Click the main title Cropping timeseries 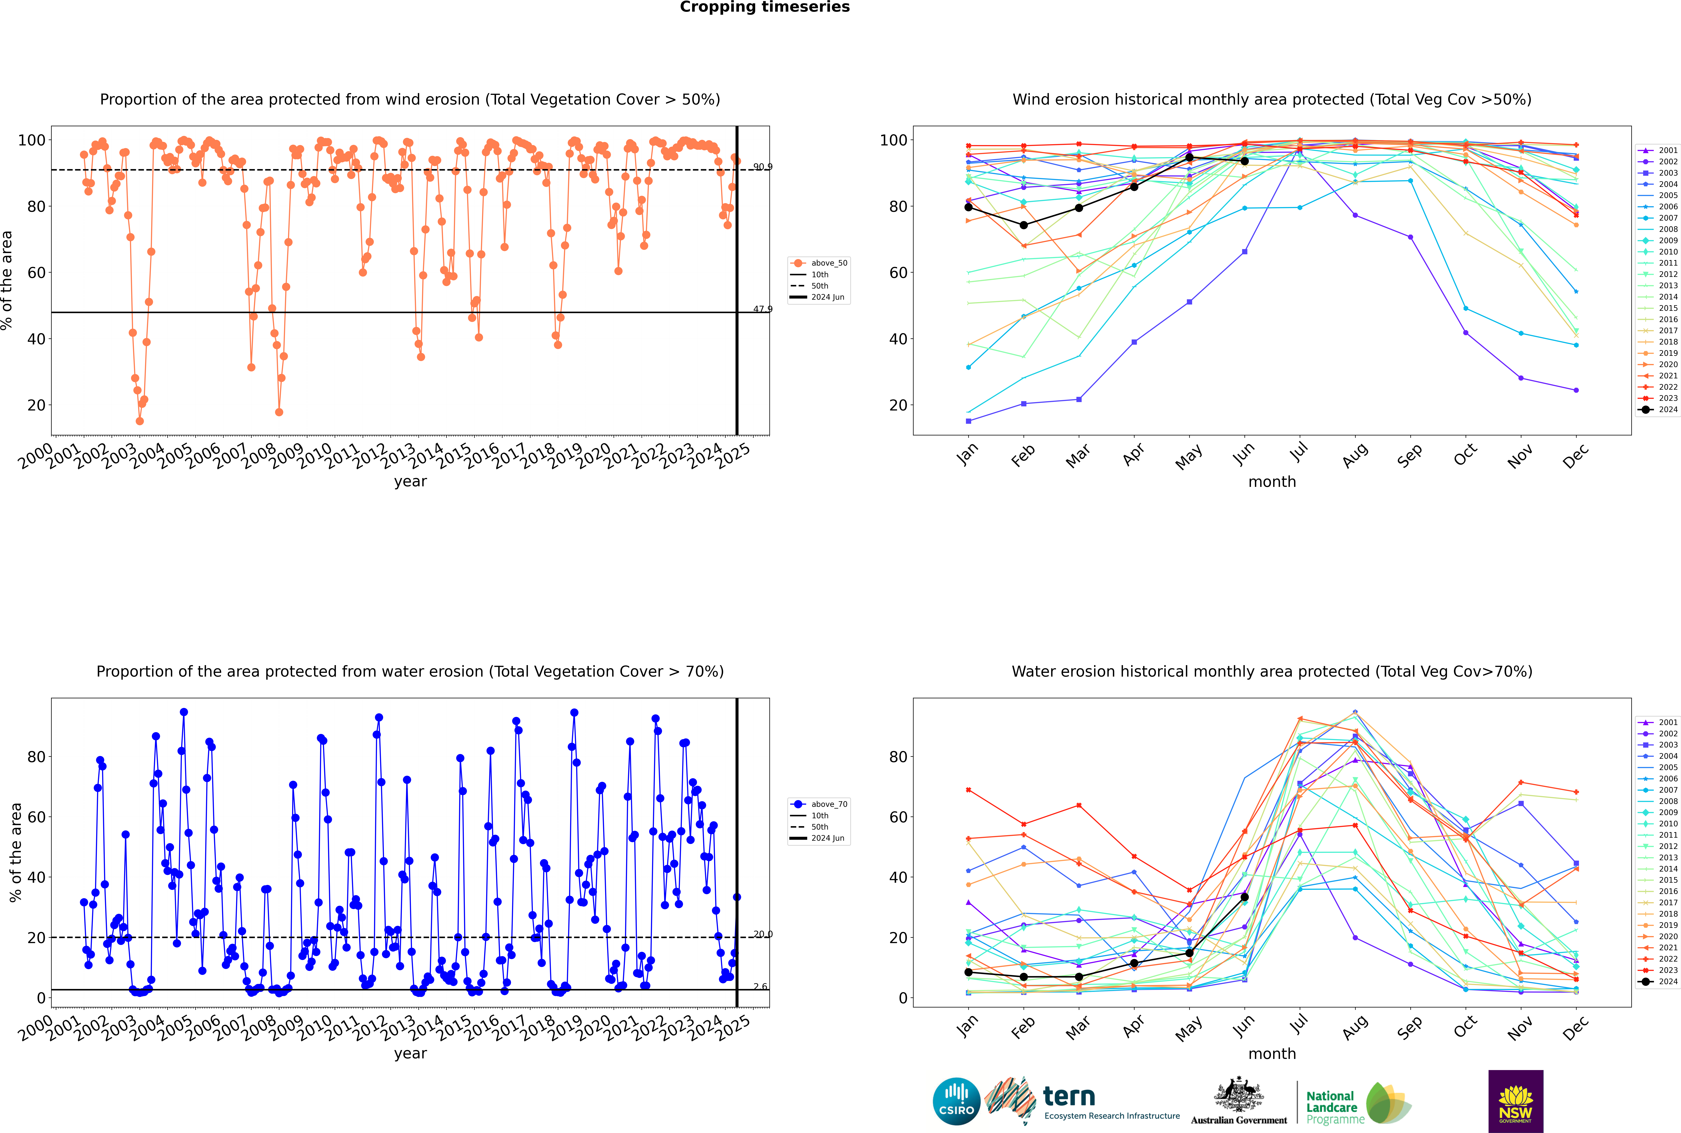click(765, 7)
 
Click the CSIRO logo click(956, 1101)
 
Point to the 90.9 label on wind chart click(762, 167)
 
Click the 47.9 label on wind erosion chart click(762, 309)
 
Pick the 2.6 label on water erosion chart click(760, 986)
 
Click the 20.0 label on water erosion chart click(762, 934)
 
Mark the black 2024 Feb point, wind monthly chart click(1023, 225)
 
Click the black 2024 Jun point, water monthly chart click(1244, 897)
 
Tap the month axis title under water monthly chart click(1272, 1054)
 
